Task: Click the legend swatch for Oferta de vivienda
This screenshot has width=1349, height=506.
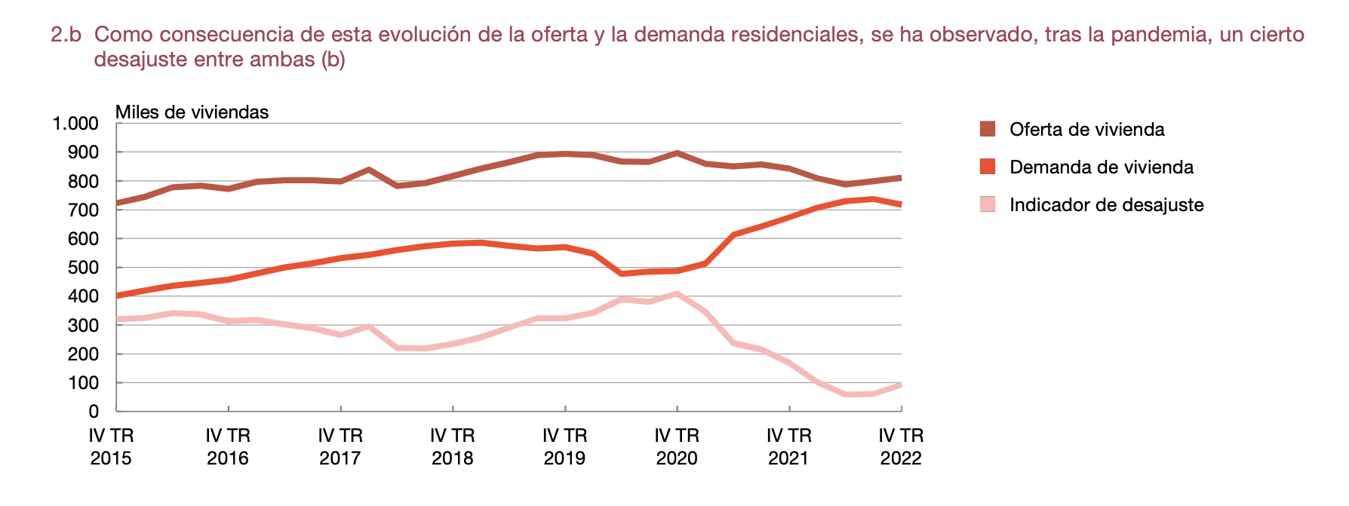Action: coord(988,129)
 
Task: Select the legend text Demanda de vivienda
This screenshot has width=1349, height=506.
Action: coord(1101,167)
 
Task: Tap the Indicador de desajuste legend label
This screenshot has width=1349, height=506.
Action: coord(1106,205)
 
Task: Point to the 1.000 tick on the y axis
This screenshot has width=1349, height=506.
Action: coord(75,124)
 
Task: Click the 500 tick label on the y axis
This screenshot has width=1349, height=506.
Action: coord(83,268)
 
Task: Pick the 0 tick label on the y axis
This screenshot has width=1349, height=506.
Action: coord(94,412)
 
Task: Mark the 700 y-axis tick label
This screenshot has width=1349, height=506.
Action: coord(83,210)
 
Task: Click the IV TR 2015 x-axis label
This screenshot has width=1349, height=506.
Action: coord(111,446)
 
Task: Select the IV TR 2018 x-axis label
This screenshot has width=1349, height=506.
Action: coord(453,446)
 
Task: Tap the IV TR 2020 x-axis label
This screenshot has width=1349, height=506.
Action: coord(677,446)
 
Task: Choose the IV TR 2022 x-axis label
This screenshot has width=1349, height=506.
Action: coord(901,446)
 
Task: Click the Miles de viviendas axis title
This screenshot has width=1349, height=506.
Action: coord(192,112)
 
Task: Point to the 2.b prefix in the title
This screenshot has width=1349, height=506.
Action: coord(66,35)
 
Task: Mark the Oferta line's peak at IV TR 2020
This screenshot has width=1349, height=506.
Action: coord(677,153)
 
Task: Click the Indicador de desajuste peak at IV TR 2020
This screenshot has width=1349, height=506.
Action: coord(677,293)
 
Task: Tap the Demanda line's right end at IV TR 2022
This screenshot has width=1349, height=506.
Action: coord(900,204)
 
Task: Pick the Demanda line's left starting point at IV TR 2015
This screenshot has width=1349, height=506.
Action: coord(118,296)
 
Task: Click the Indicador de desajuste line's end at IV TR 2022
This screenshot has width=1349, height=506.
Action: coord(900,385)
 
